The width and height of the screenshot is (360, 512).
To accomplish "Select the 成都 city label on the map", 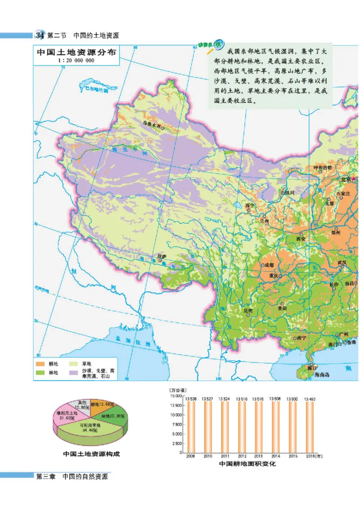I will pyautogui.click(x=269, y=265).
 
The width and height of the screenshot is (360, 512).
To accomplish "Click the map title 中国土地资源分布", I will pyautogui.click(x=76, y=52).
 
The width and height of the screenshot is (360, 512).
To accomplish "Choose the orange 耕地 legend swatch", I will pyautogui.click(x=41, y=363).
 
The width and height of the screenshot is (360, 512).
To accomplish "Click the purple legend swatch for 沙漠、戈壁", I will pyautogui.click(x=73, y=372).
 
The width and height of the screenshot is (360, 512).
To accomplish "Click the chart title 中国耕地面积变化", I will pyautogui.click(x=247, y=463).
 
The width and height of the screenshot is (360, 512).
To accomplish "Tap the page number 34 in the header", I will pyautogui.click(x=40, y=35).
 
